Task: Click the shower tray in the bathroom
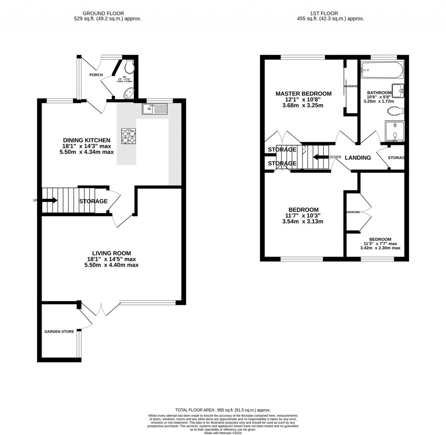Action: click(x=394, y=132)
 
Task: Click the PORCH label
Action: click(x=96, y=75)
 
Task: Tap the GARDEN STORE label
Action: click(x=59, y=332)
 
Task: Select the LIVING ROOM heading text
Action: click(x=111, y=253)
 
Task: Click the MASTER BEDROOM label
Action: click(x=304, y=94)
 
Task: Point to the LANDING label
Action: click(x=358, y=158)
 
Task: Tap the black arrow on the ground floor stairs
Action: click(x=49, y=201)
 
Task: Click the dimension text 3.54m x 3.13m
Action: click(x=302, y=221)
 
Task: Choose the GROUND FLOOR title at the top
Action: click(x=108, y=14)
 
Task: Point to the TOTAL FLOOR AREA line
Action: click(x=223, y=410)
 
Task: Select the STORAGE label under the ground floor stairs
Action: click(x=93, y=201)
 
